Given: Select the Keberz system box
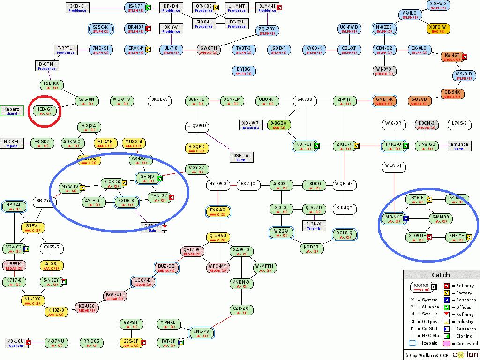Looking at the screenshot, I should [12, 111].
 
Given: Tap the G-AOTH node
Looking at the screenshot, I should [208, 50].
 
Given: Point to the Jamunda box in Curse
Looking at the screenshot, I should [459, 146].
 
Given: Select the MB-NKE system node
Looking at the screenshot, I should [393, 219].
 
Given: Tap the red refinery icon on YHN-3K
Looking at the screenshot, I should [172, 197].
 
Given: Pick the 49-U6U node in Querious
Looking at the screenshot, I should [16, 343].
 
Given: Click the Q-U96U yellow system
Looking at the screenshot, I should [218, 238].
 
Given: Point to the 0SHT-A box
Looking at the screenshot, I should [241, 157].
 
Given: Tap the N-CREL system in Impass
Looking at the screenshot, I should [12, 143].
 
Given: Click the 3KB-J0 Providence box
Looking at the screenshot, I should [77, 7].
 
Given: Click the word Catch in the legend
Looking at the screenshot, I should [441, 275].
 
